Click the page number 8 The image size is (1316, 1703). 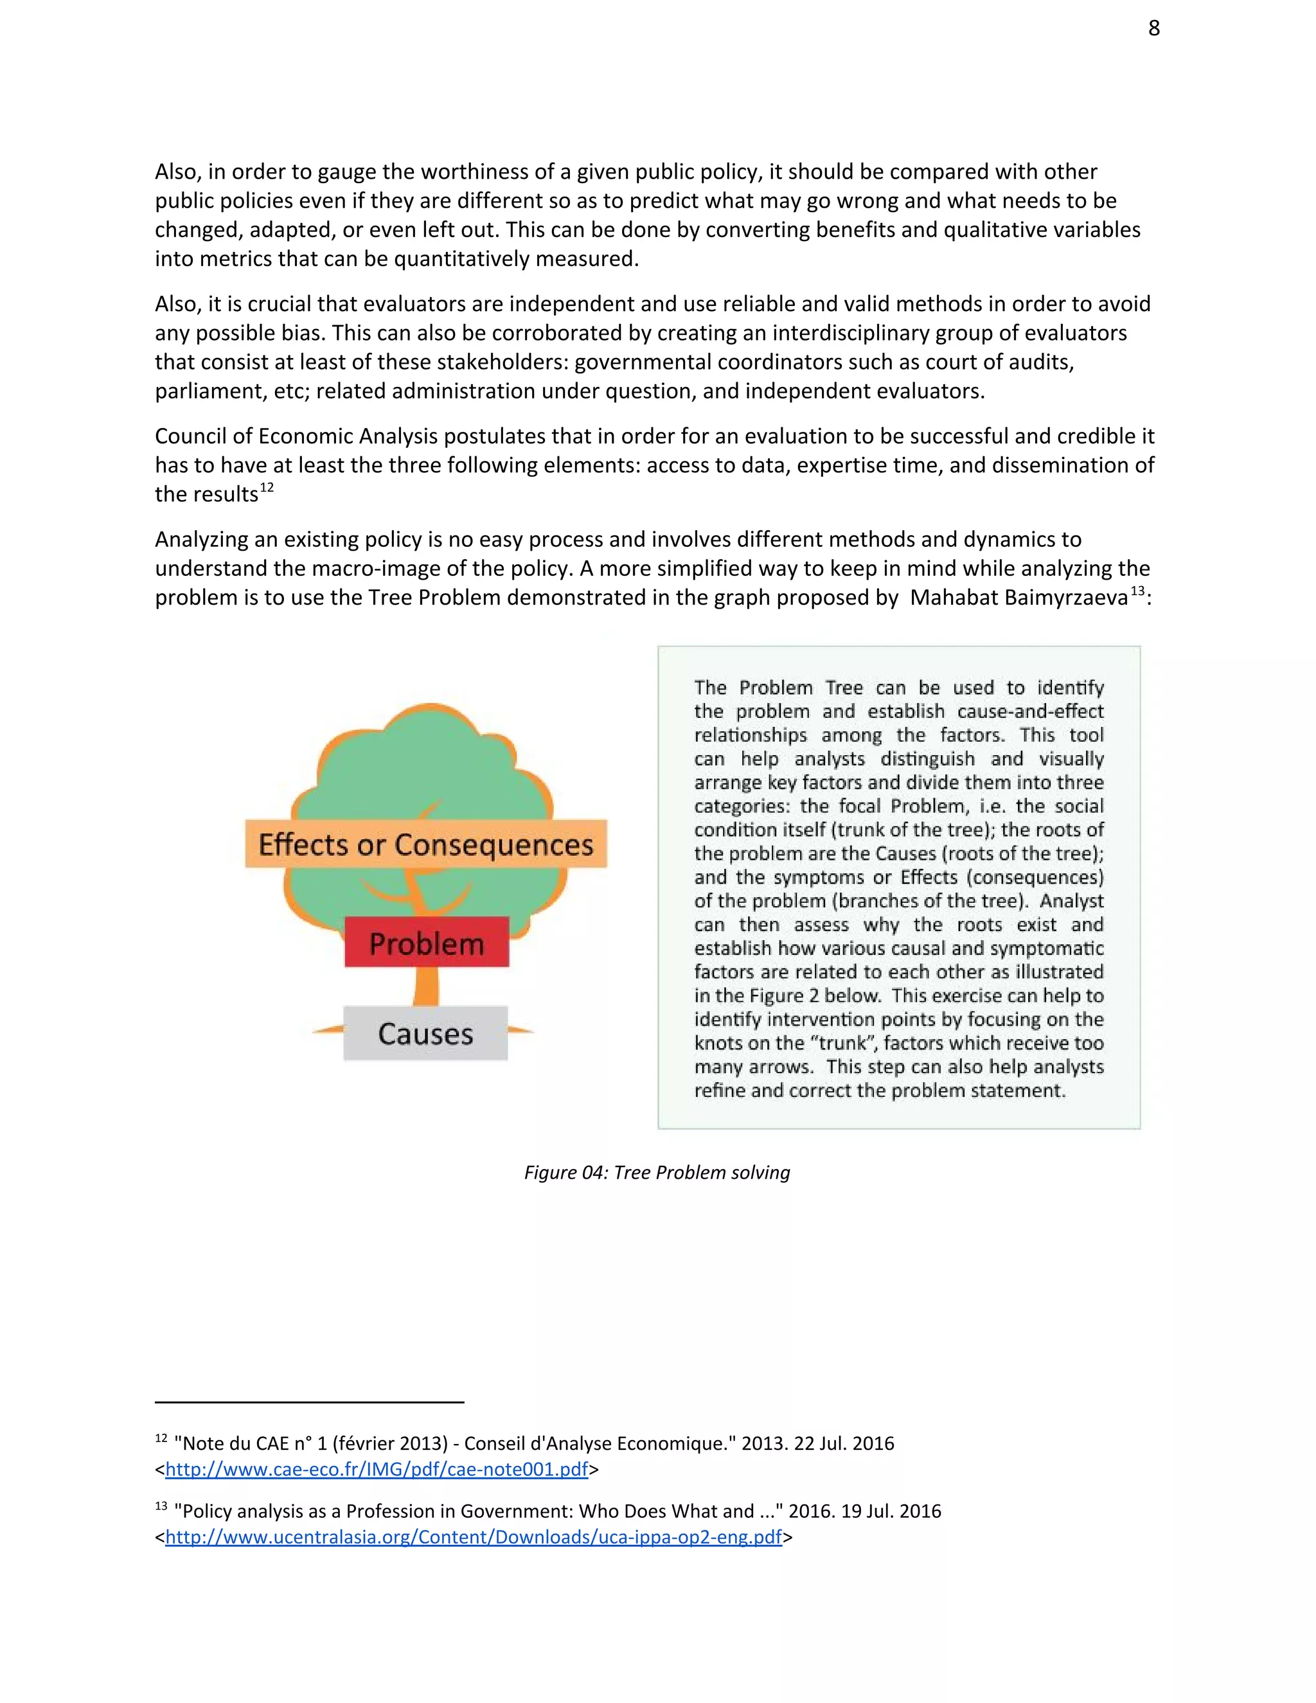click(1154, 29)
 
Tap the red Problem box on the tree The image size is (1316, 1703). click(427, 943)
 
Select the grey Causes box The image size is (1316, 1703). click(425, 1034)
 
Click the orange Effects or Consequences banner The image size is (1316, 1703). click(425, 844)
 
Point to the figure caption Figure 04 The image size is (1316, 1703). click(657, 1172)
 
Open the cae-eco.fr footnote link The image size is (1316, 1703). click(377, 1469)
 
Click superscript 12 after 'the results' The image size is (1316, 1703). click(267, 487)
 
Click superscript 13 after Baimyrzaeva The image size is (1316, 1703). click(1137, 591)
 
